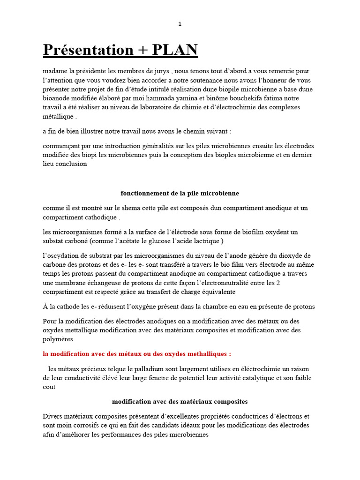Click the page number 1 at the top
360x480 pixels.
(180, 24)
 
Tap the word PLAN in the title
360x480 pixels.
(174, 50)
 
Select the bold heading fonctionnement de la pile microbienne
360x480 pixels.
(180, 193)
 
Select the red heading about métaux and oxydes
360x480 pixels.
(136, 354)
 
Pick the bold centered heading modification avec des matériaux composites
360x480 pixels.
(180, 402)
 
